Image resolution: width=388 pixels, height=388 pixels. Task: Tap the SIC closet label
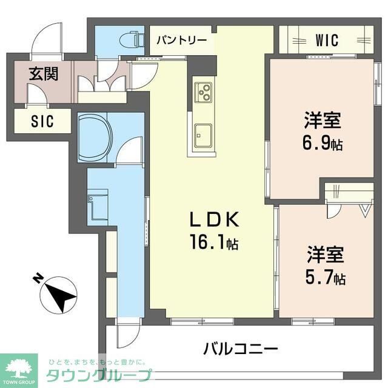point(42,121)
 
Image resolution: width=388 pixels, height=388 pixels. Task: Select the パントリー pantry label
point(182,41)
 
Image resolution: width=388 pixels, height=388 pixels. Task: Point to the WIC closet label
point(327,41)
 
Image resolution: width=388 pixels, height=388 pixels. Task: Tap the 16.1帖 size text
point(214,244)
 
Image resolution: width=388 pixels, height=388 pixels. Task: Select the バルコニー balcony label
point(241,349)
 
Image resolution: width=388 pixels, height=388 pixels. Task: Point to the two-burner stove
point(202,93)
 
